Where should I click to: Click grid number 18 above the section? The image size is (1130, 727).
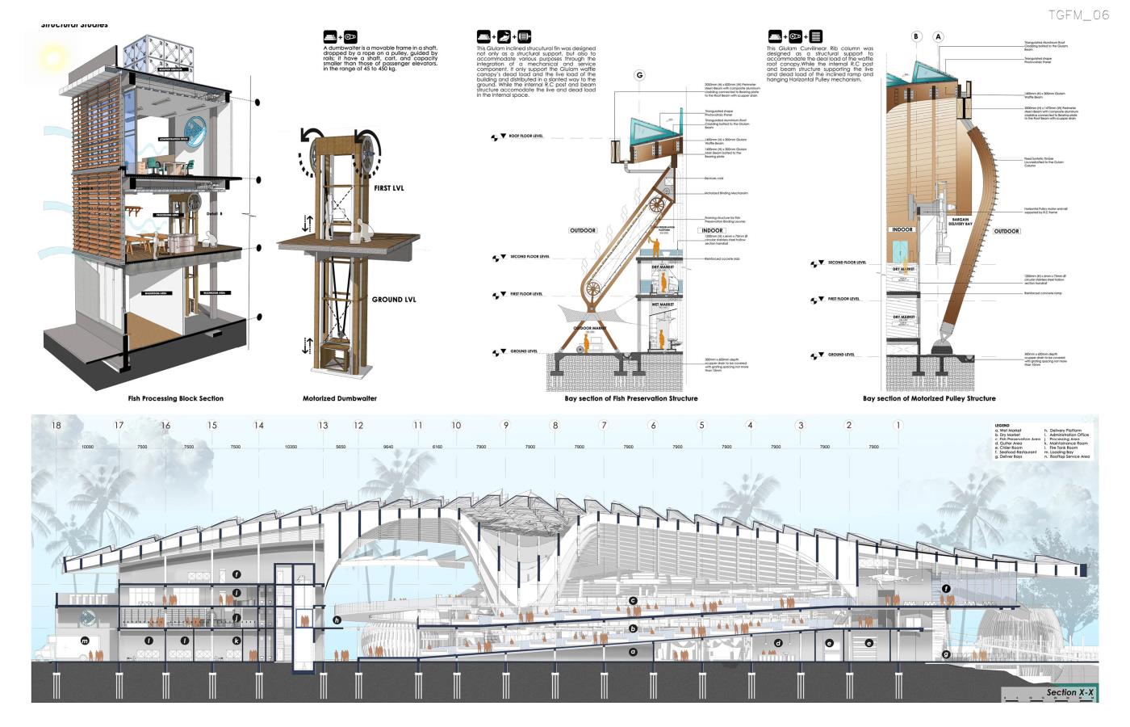[56, 425]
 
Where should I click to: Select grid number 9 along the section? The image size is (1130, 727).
[506, 425]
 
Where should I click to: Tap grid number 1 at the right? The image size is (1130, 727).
[898, 425]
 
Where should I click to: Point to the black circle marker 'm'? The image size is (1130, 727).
[84, 641]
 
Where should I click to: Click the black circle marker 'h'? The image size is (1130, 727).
[337, 620]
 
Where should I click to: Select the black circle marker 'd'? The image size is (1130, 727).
[778, 643]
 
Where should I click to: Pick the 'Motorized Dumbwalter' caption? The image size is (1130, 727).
[340, 398]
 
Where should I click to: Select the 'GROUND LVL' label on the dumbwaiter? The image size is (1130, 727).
[394, 300]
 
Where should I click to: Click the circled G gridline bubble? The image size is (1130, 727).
[639, 75]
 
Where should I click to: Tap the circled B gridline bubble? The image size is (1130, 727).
[916, 36]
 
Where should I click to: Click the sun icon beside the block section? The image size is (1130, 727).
[53, 58]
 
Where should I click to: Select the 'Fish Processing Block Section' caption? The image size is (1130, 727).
[176, 398]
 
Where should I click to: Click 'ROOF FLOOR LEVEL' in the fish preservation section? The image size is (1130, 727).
[525, 137]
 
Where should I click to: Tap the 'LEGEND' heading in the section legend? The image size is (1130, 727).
[1002, 425]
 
